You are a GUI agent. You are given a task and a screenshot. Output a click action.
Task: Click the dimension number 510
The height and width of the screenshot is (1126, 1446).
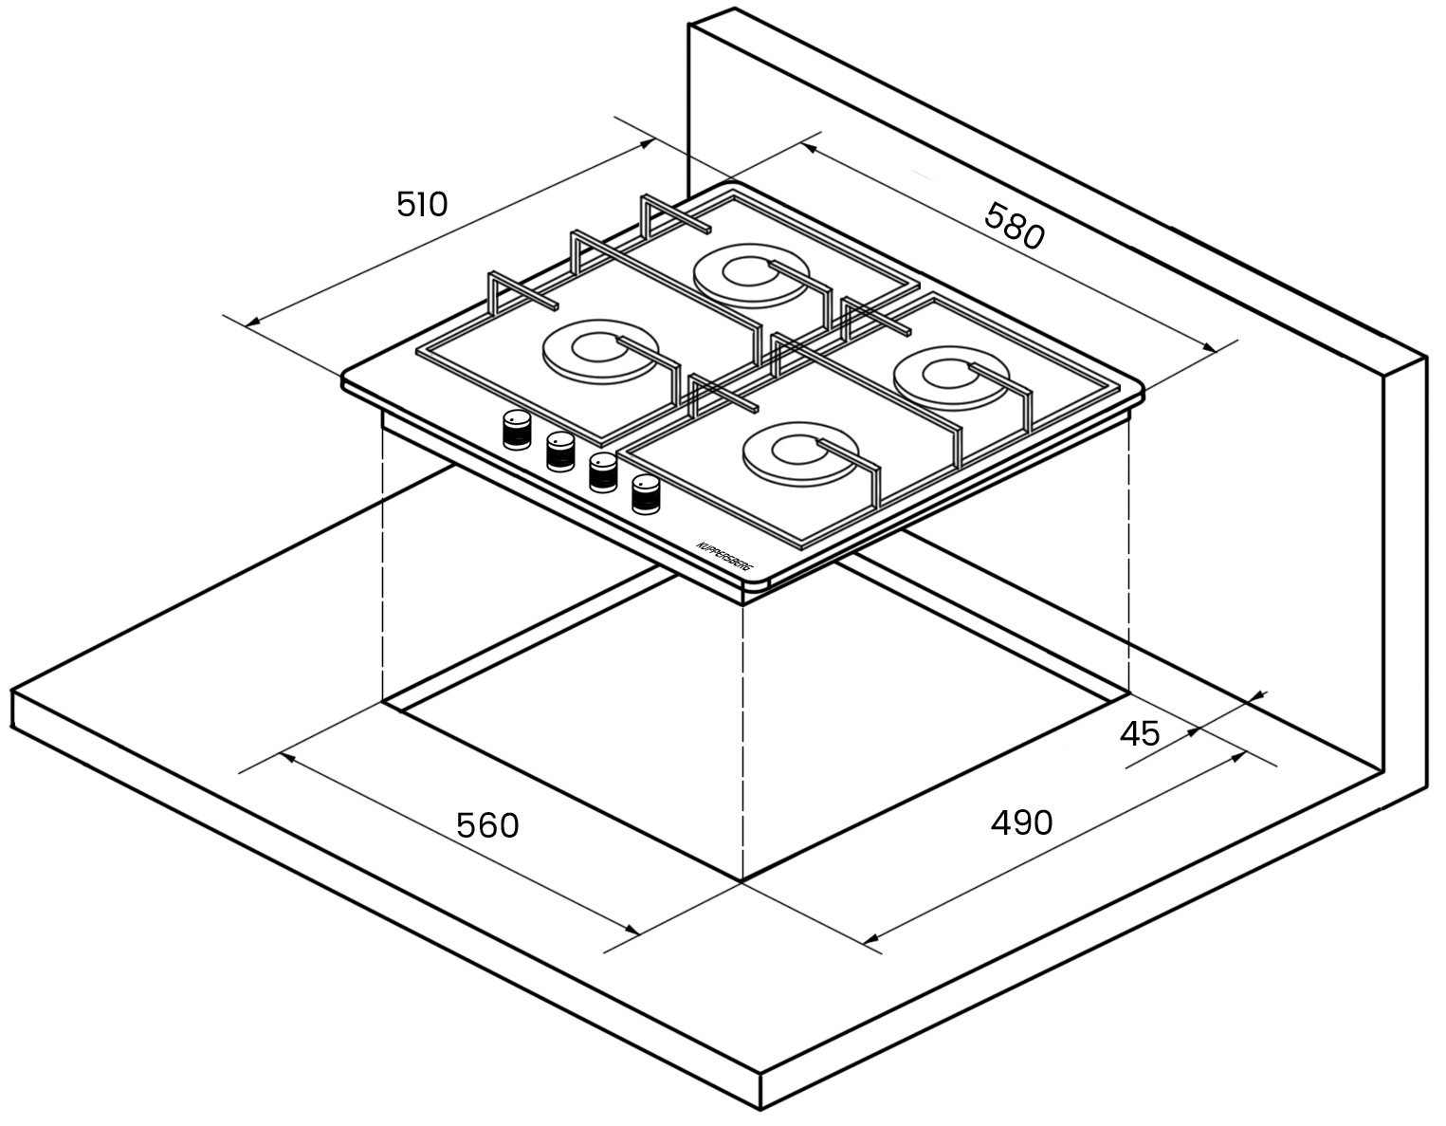tap(422, 204)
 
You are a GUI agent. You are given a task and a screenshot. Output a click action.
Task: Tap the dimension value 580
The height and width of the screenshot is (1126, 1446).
tap(1015, 227)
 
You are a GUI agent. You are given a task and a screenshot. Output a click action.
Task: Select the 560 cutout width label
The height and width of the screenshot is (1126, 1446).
tap(487, 825)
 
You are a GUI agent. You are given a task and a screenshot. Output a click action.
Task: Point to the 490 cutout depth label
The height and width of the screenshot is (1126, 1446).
tap(1022, 822)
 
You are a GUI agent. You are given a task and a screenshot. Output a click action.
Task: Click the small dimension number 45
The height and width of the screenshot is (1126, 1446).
tap(1140, 734)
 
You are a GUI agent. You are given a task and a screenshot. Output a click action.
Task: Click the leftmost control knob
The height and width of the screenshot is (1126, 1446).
tap(517, 430)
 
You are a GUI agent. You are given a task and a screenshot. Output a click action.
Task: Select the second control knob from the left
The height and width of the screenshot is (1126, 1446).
tap(560, 452)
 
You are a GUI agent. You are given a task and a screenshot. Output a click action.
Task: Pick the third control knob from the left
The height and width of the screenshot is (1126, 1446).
tap(603, 472)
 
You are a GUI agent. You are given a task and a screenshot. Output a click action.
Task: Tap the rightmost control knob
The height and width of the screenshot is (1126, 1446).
tap(646, 494)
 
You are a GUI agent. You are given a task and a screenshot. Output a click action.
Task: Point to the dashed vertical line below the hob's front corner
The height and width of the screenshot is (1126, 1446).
tap(742, 743)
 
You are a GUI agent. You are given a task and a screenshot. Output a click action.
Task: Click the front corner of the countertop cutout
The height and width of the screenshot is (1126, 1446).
tap(742, 882)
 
